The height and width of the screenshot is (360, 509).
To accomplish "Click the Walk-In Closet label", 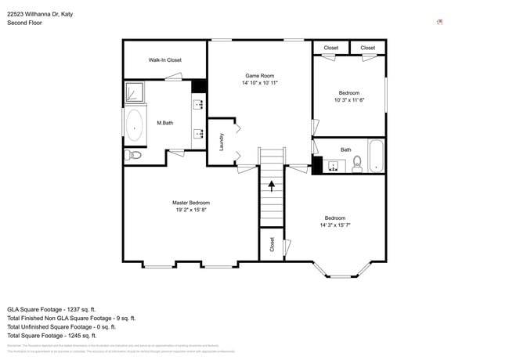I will [164, 59].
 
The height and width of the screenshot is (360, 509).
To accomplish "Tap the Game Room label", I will [259, 75].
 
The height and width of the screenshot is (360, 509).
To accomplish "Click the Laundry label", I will [222, 142].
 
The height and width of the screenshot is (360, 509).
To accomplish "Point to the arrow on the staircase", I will [272, 185].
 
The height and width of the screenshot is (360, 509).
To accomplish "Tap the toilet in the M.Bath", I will [134, 155].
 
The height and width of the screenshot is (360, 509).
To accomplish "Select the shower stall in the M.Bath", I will [135, 93].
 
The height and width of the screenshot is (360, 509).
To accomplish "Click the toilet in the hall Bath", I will [356, 164].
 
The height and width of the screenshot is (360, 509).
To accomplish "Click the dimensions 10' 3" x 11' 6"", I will [349, 100].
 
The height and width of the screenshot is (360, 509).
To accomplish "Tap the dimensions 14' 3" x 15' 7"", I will [334, 225].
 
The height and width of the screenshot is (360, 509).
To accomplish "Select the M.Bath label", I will [164, 123].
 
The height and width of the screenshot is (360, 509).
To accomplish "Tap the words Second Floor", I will [25, 23].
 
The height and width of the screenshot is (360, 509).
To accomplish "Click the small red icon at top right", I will [440, 22].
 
